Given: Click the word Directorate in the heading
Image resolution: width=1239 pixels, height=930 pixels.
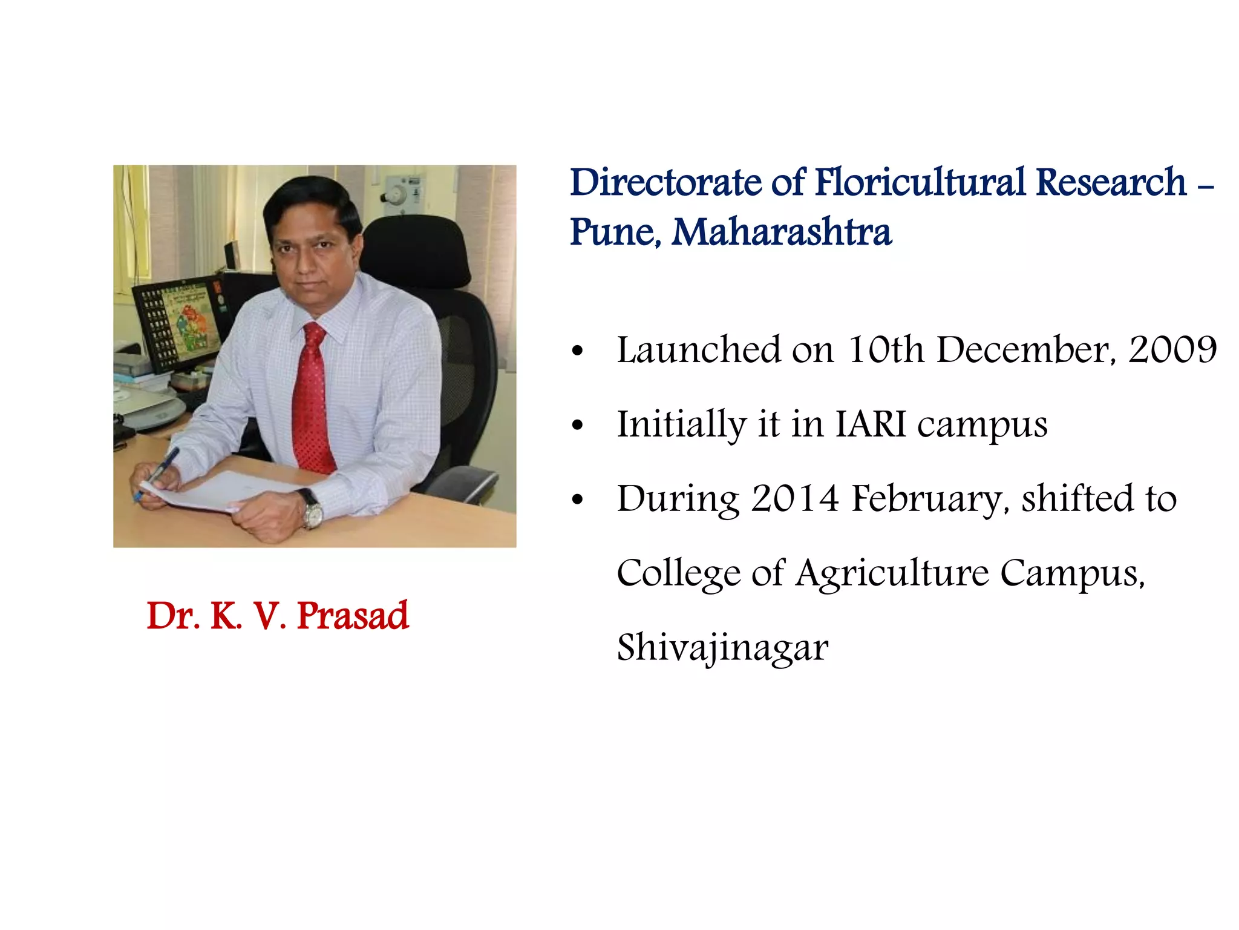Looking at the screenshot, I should point(666,183).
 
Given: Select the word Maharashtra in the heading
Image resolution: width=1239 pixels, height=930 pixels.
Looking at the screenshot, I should point(781,232).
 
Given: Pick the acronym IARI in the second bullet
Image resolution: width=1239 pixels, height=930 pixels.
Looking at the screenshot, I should point(871,424).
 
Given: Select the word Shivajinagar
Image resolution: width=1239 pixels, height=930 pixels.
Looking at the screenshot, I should point(722,648).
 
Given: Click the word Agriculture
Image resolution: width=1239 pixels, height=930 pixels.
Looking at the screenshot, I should point(892,573).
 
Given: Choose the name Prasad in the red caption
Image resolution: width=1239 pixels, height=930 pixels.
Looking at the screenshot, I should point(353,616).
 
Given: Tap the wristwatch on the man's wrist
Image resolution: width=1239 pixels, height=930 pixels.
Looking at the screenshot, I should point(312,510).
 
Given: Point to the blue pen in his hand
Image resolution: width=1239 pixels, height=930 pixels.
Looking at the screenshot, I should point(159,472).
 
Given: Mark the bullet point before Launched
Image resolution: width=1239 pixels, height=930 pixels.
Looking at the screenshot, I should point(578,351).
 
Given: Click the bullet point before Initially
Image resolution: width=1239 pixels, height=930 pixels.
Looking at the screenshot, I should point(578,426).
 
